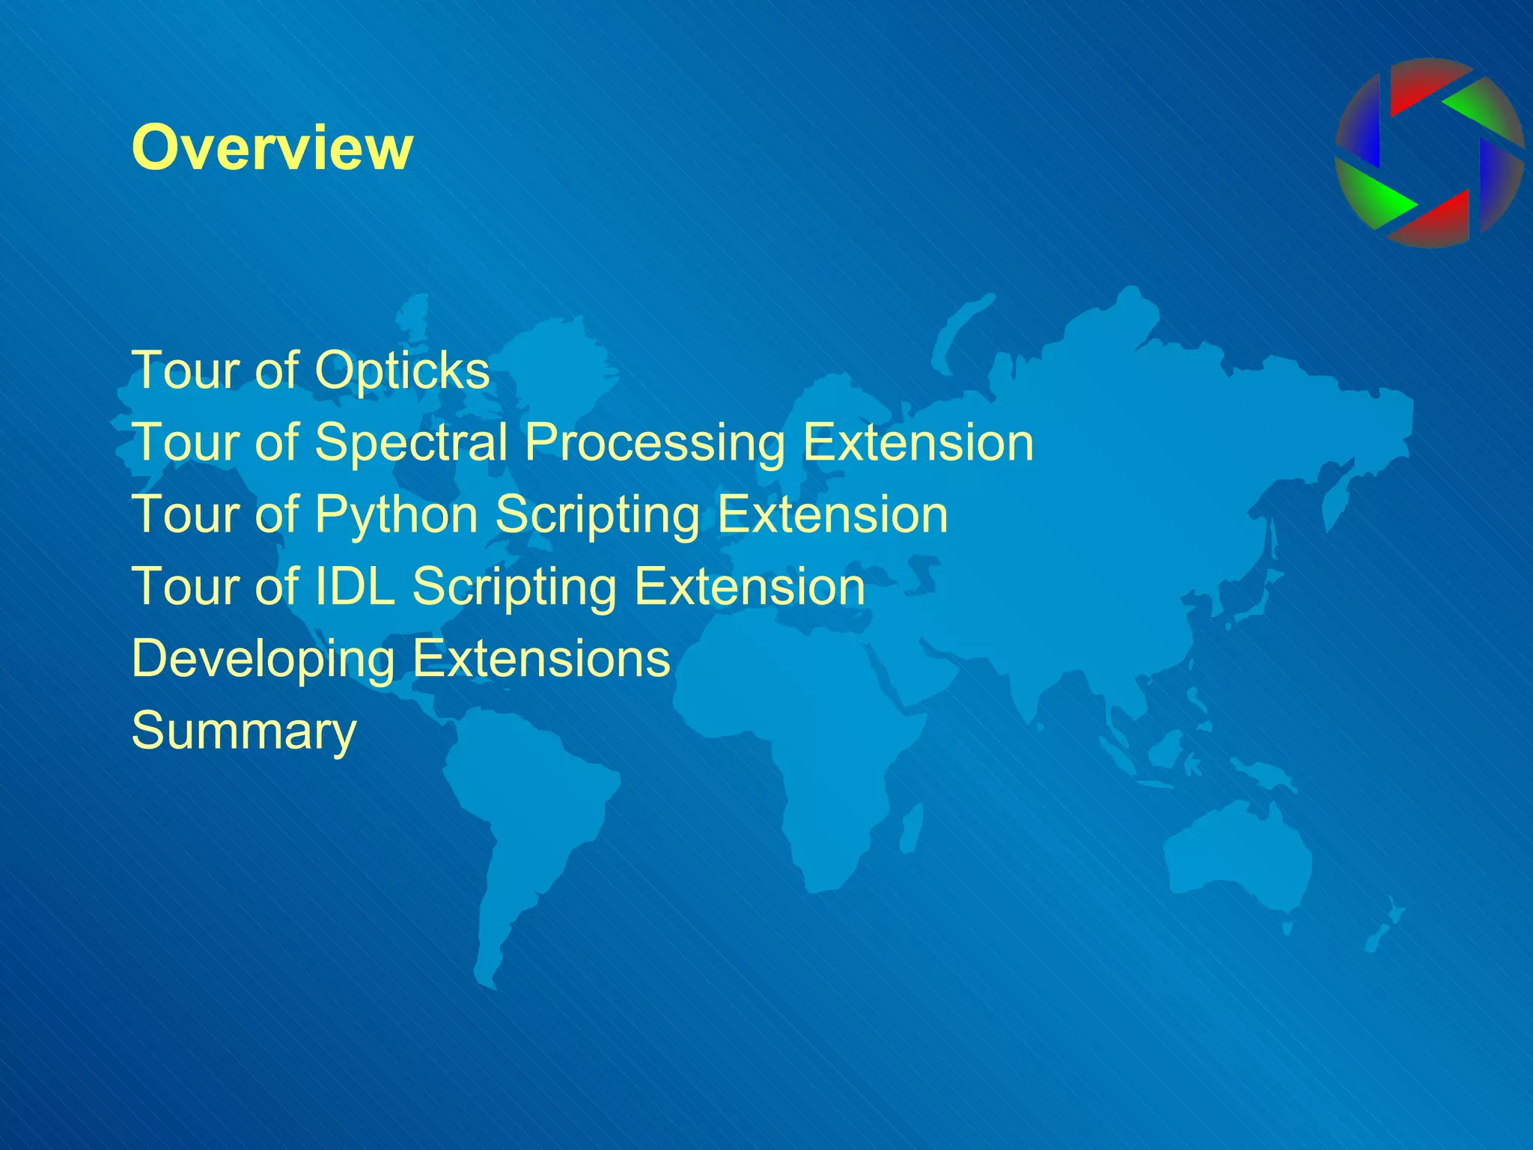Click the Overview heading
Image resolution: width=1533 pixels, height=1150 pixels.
click(272, 147)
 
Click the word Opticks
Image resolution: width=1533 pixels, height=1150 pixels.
click(401, 370)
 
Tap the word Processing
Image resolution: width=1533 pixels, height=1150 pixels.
click(655, 443)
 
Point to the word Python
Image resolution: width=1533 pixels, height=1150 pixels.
click(396, 515)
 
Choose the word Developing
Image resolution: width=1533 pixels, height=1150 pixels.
click(263, 659)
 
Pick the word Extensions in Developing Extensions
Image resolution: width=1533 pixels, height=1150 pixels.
click(541, 659)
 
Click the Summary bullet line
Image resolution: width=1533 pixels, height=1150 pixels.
click(244, 731)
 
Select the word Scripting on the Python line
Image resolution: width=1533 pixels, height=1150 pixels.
click(597, 515)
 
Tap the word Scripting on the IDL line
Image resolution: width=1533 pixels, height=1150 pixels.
click(515, 587)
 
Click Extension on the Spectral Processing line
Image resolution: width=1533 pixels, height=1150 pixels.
click(918, 442)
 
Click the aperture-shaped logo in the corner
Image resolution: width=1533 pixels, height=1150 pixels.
click(1429, 153)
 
